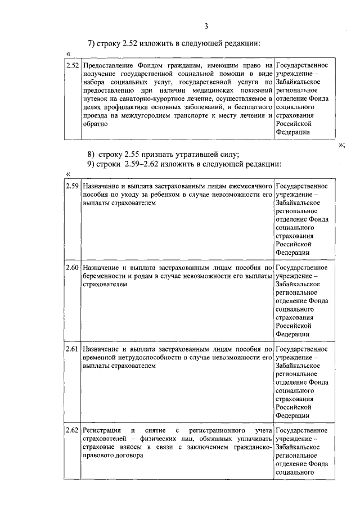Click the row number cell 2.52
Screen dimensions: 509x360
[72, 66]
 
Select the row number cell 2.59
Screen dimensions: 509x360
[72, 184]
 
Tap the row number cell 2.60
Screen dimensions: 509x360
[72, 268]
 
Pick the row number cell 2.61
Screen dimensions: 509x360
[72, 349]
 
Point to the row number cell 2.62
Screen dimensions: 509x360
[72, 431]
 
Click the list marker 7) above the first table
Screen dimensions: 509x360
[92, 44]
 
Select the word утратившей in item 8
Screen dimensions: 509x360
[188, 154]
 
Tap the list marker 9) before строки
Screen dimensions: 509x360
[92, 164]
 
